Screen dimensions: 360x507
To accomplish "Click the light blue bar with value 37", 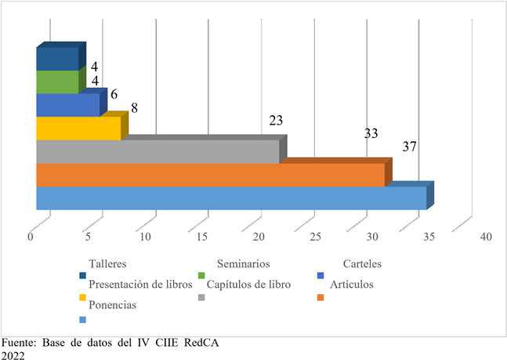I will coord(231,198).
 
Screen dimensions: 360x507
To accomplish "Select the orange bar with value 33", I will coord(210,175).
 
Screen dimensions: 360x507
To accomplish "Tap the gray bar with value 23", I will coord(158,151).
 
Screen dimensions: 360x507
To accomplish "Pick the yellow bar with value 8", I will coord(78,128).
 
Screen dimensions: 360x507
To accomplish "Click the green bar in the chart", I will coord(57,82).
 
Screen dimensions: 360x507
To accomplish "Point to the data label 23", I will coord(276,121).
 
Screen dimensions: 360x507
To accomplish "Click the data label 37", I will coord(408,147).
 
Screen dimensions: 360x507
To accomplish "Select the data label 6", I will coord(114,94).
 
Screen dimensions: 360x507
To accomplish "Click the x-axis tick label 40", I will coord(485,236).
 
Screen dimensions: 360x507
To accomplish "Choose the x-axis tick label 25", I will coord(314,236).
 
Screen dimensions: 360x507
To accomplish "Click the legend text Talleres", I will coord(107,264).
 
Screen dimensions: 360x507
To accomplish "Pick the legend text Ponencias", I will coord(113,305).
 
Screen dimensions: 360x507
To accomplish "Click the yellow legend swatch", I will coord(82,297).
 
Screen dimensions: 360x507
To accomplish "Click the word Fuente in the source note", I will coord(16,343).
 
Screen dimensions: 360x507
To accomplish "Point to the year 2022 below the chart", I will coord(13,355).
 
